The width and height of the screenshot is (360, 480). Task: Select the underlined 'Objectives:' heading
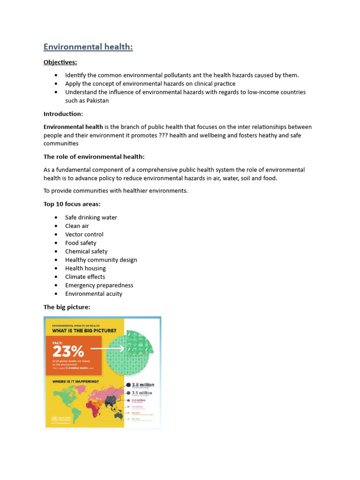pos(60,62)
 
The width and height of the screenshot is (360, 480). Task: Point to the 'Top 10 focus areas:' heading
pos(72,204)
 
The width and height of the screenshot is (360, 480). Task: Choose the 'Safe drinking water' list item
pos(91,217)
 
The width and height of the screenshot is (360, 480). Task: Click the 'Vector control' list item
pos(84,234)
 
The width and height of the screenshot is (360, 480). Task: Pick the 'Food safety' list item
pos(81,243)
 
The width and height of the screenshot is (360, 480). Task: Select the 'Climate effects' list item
pos(85,277)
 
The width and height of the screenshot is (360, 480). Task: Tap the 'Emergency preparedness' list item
pos(99,285)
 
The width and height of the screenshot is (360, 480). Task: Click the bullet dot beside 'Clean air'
pos(56,226)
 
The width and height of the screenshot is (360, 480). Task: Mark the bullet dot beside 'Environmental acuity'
pos(56,294)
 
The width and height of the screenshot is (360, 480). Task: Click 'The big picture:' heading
pos(67,307)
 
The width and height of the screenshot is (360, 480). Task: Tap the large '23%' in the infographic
pos(68,351)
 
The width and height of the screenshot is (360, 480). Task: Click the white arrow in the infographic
pos(107,349)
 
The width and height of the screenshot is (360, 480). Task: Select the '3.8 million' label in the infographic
pos(143,385)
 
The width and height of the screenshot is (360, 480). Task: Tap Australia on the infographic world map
pos(119,414)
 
